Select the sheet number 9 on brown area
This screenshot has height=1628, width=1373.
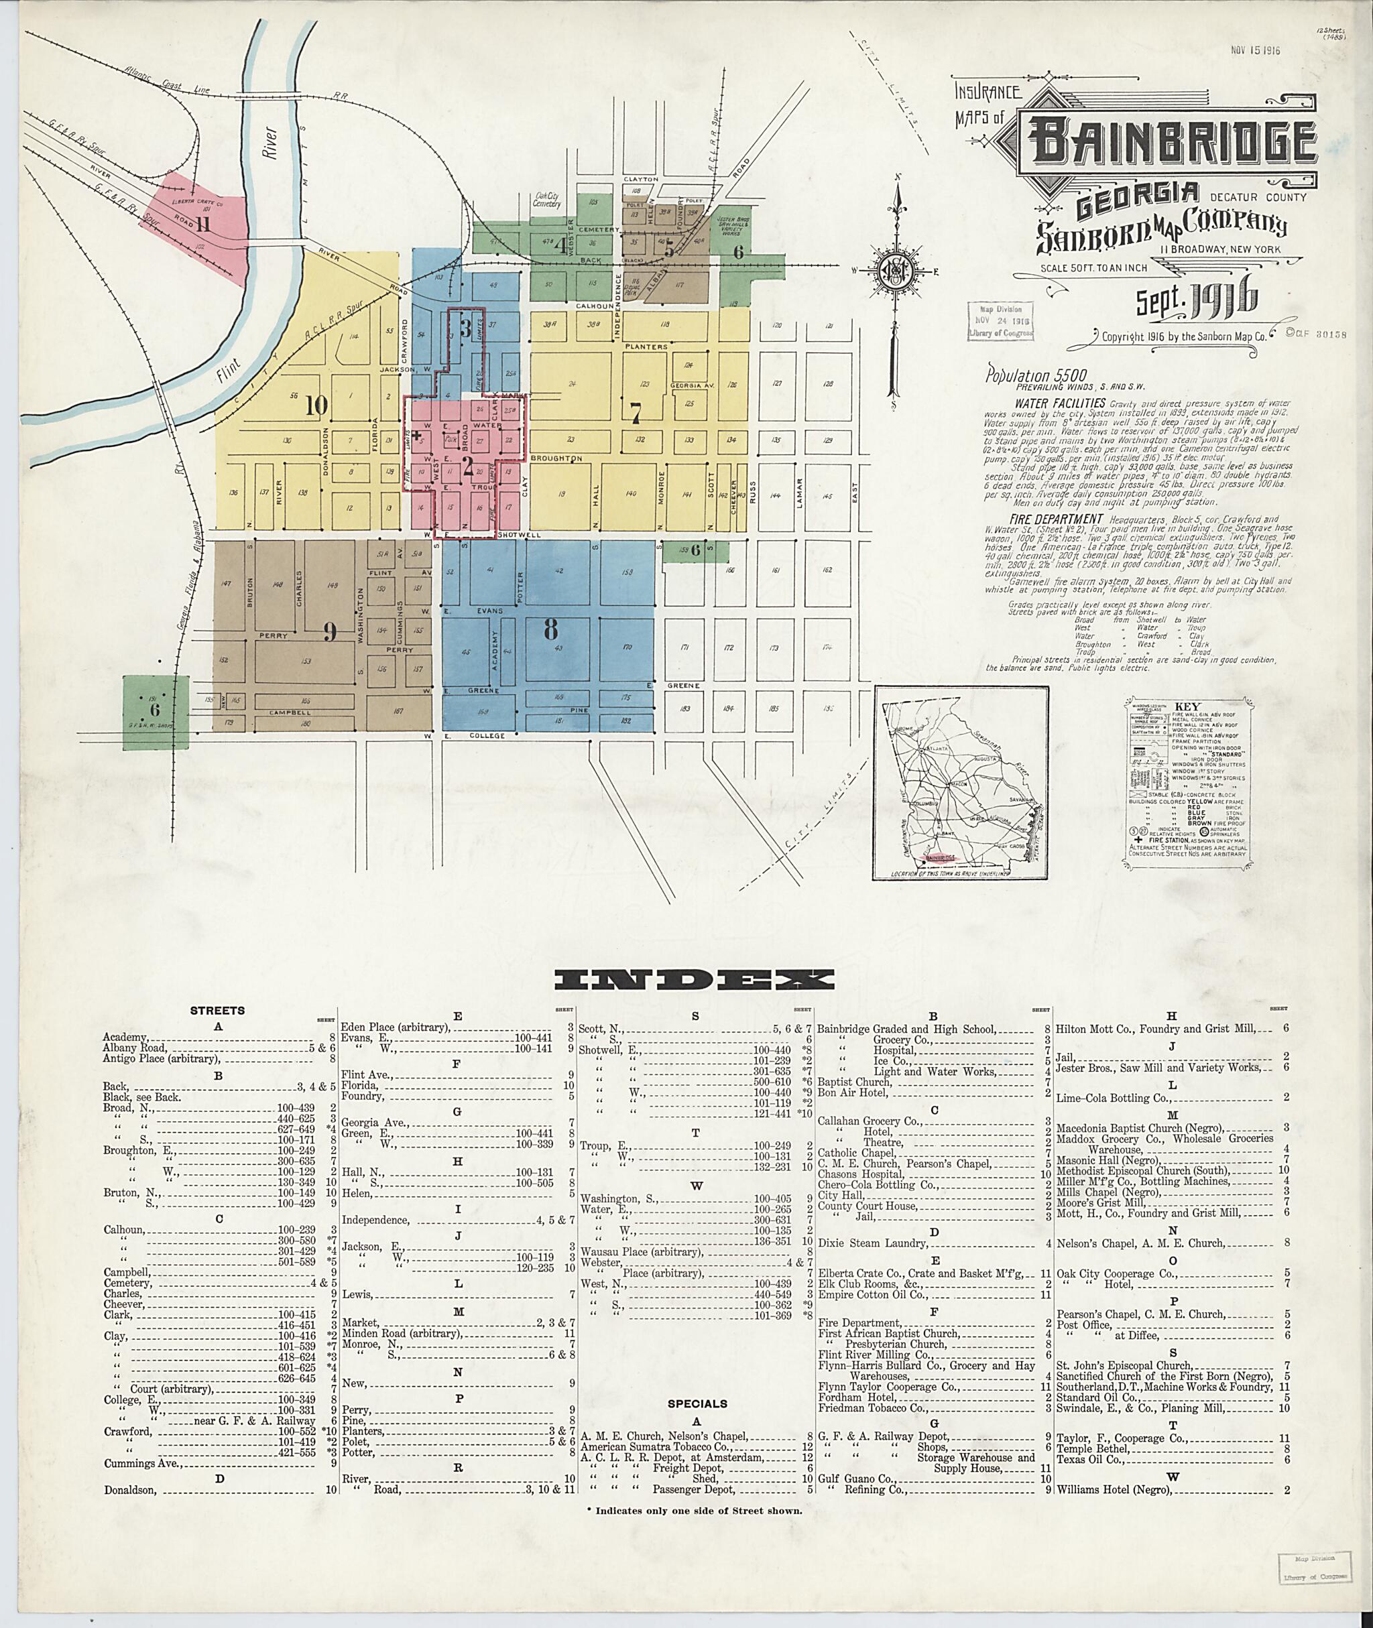tap(330, 632)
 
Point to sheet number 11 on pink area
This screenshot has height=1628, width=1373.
tap(204, 224)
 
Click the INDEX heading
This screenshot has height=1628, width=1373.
tap(695, 980)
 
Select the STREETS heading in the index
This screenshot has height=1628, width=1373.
tap(218, 1011)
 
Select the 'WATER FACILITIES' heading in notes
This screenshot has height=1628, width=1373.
tap(1060, 403)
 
